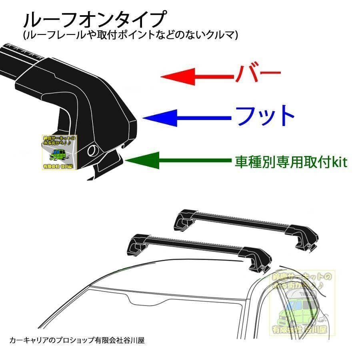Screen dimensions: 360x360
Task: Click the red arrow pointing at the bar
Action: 196,76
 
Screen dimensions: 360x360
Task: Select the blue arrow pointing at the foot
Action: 186,117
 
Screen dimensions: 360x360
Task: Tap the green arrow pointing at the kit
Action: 178,161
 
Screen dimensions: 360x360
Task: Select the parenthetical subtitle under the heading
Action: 130,35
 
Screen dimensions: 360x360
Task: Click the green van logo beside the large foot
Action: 60,152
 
